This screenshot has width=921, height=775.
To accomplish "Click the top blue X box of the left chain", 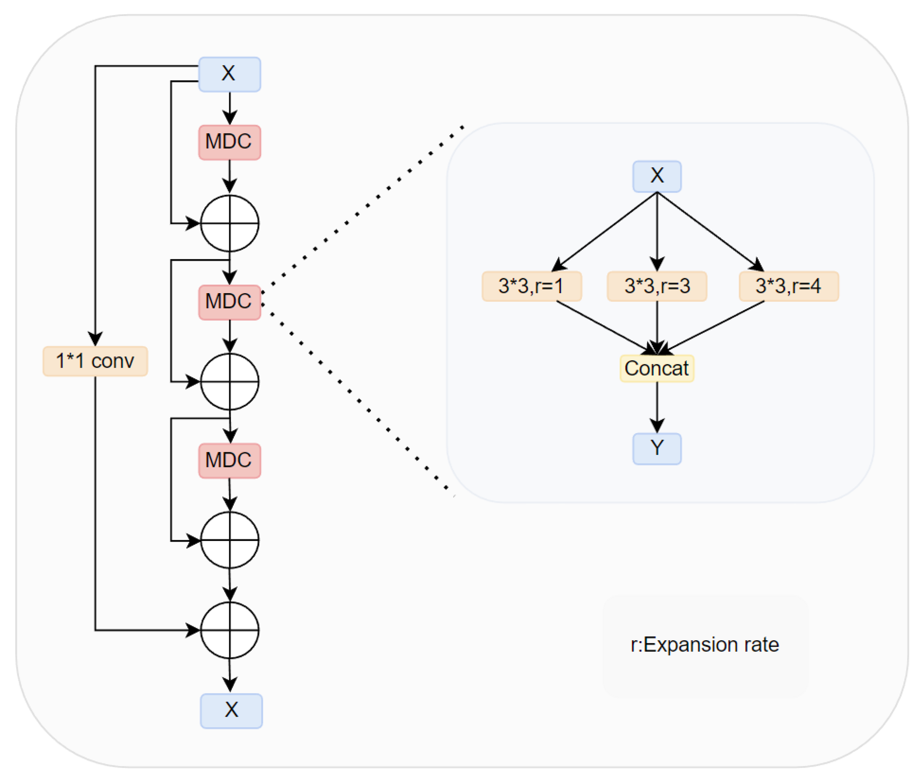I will point(230,74).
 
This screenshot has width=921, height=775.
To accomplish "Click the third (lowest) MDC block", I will point(230,461).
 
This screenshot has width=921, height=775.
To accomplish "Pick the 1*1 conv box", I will point(95,361).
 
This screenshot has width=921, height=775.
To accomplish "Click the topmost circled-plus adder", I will point(230,223).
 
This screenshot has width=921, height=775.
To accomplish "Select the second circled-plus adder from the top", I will point(230,382).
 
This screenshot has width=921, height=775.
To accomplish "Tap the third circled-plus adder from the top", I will point(230,540).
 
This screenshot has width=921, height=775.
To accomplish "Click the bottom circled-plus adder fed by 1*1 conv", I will point(230,630).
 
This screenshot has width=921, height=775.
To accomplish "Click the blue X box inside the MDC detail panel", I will point(657,176).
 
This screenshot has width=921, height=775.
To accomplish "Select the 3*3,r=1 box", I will point(532,286).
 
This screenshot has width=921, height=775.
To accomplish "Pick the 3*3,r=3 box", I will point(657,286).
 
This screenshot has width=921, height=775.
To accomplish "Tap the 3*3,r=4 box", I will point(789,286).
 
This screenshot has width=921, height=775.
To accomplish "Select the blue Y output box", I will point(657,449).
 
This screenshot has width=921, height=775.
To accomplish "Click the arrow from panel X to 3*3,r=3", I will point(657,233).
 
